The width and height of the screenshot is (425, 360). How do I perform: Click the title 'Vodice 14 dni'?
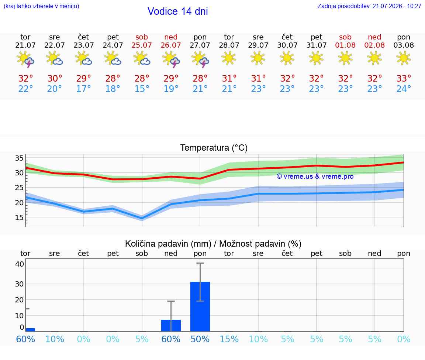177,11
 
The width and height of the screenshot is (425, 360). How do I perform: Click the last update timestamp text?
369,6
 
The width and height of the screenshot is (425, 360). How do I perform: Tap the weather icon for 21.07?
25,59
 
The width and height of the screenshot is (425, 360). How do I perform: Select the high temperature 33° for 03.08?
404,78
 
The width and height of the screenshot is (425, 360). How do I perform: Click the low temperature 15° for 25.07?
142,89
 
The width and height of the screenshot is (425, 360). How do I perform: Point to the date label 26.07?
171,45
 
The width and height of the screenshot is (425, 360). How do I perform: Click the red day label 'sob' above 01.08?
345,37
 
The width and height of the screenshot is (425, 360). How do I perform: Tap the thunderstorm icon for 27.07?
200,59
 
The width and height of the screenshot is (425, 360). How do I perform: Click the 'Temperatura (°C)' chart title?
214,148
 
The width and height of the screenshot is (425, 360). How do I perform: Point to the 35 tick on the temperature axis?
19,158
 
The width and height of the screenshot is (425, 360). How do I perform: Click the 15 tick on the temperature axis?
19,217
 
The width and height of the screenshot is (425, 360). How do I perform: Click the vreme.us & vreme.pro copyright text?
315,176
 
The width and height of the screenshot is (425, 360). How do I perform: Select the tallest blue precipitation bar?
200,306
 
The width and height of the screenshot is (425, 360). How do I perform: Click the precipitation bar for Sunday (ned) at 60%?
171,325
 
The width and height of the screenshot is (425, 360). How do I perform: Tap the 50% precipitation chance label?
200,339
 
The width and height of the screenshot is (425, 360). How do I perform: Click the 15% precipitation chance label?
229,339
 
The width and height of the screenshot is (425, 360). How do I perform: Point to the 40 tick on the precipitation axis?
20,264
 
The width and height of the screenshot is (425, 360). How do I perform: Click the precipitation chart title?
213,244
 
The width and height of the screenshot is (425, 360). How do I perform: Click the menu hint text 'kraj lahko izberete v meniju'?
41,6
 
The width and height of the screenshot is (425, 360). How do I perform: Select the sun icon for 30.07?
287,58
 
